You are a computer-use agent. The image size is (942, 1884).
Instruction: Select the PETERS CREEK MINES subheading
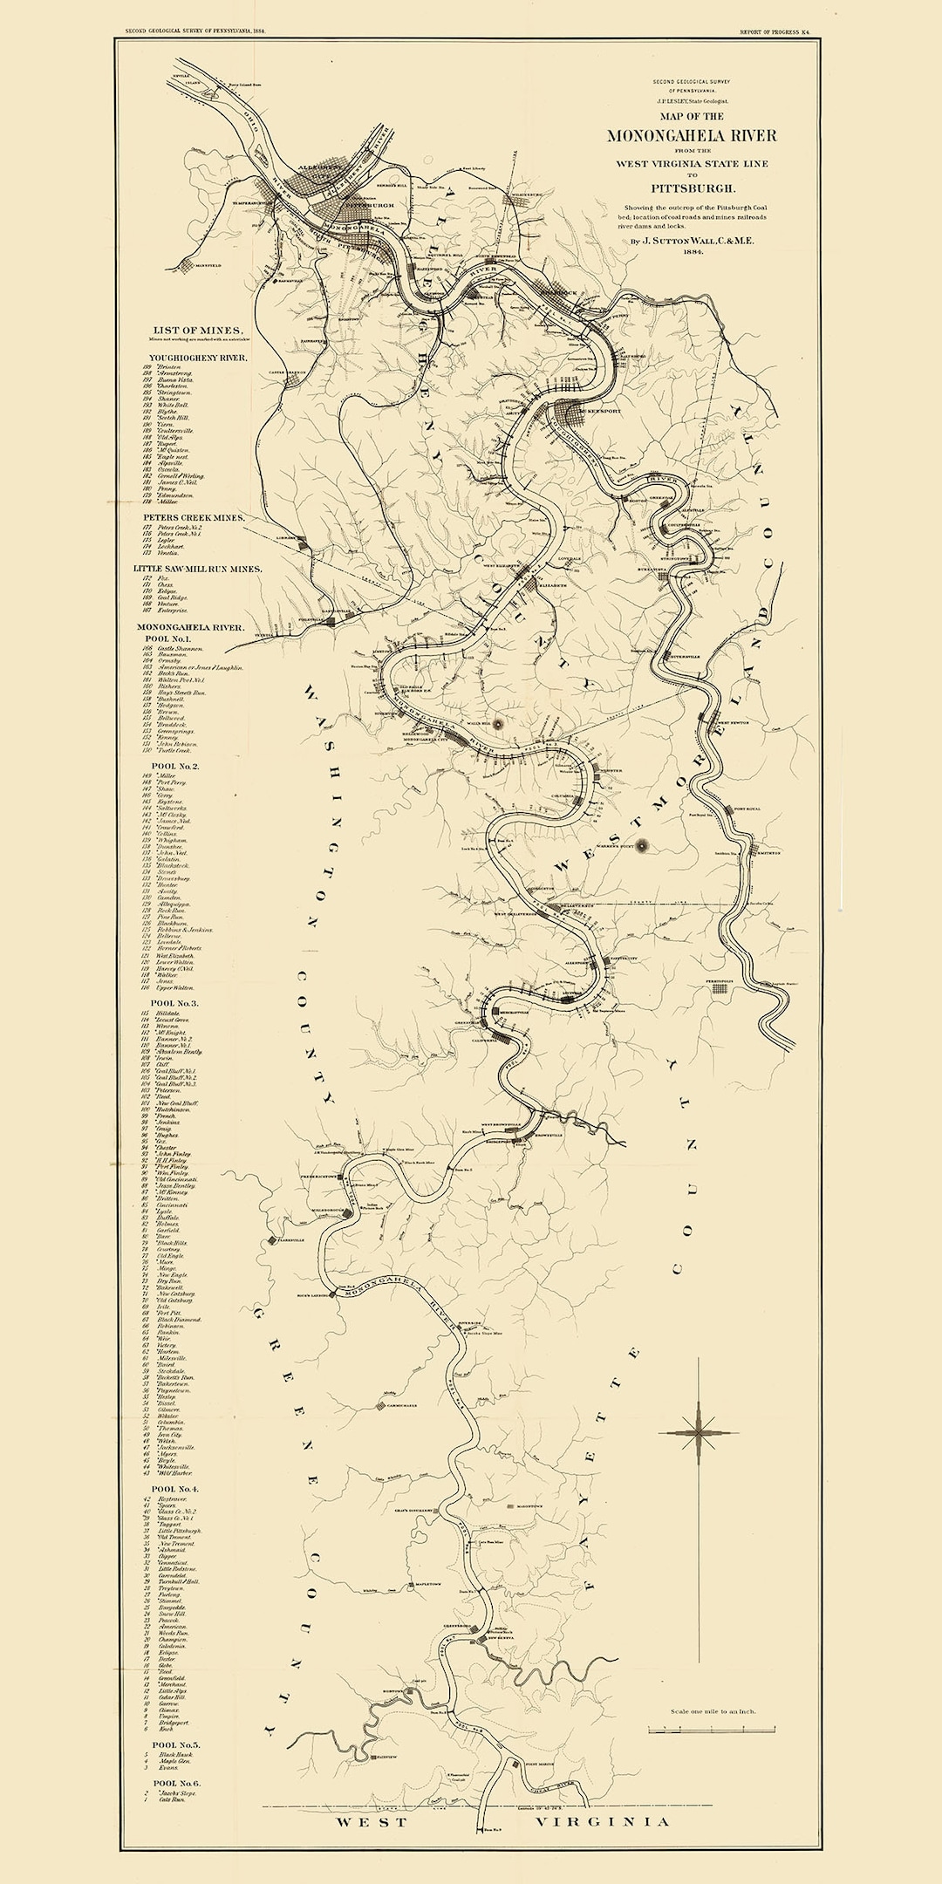(195, 517)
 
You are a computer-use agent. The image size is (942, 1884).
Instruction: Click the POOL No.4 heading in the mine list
(175, 1489)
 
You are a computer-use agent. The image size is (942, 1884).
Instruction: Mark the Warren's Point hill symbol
(643, 844)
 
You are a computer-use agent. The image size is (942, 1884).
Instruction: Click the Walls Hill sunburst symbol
(498, 723)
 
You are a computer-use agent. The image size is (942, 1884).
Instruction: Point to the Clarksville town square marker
(272, 1239)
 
